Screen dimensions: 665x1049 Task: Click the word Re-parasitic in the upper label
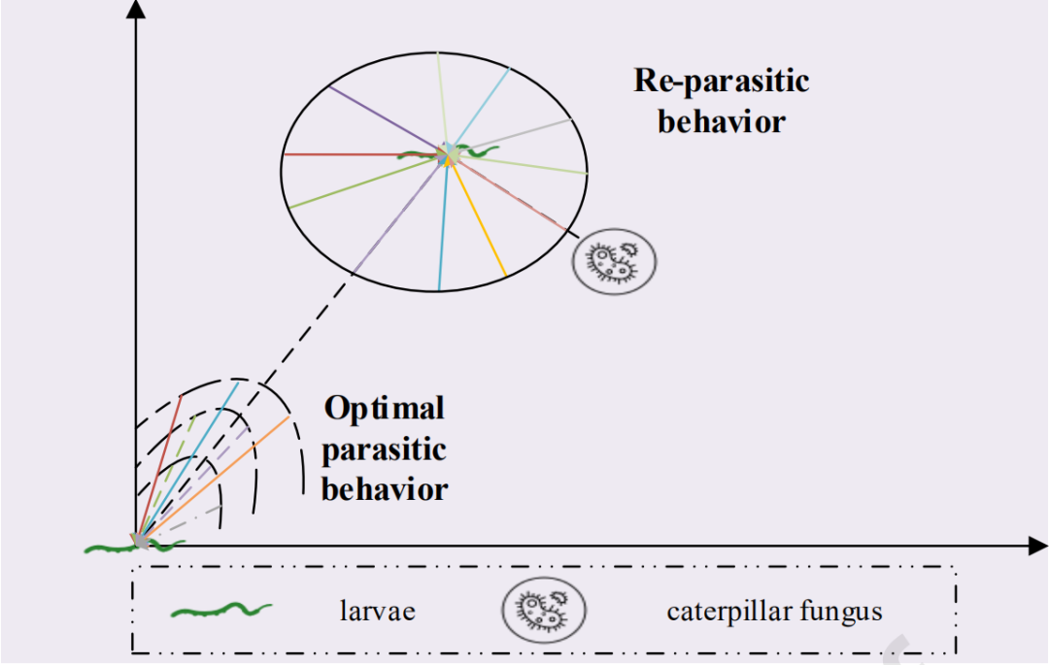(721, 80)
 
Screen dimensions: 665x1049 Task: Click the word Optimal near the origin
(385, 408)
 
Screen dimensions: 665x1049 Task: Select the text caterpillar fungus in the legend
(774, 612)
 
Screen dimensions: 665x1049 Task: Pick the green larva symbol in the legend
(221, 611)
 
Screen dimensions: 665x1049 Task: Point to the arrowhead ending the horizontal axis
(1037, 546)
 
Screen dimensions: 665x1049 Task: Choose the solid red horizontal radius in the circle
(340, 154)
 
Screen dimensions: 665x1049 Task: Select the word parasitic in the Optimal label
(385, 449)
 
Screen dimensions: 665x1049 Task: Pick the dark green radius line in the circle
(359, 182)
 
